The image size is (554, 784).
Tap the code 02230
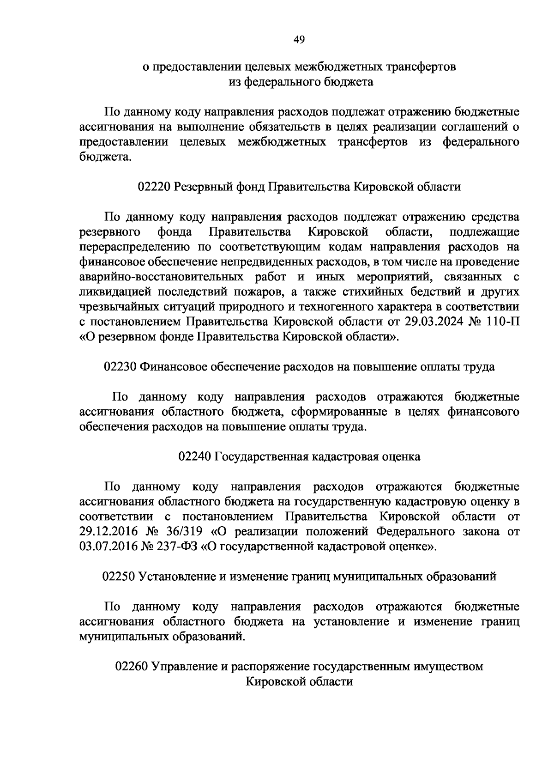pyautogui.click(x=120, y=367)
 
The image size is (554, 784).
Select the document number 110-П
pyautogui.click(x=502, y=322)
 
